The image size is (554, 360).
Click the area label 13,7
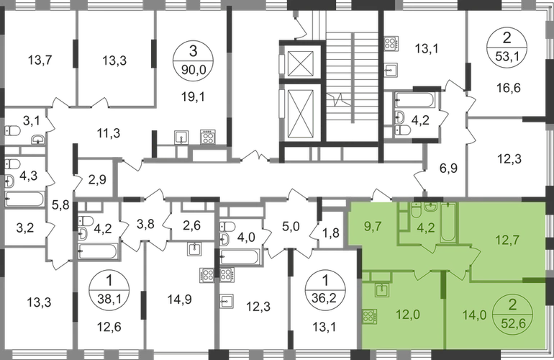[40, 60]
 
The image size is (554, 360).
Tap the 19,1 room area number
[193, 96]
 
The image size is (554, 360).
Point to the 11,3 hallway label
[109, 133]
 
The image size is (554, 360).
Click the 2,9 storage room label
[97, 180]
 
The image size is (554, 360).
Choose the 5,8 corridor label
[60, 204]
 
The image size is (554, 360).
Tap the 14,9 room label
[179, 300]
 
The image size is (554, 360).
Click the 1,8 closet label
[331, 233]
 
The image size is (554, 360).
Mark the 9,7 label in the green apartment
[373, 226]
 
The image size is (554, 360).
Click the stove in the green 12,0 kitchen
[369, 317]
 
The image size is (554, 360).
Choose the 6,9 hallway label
[449, 168]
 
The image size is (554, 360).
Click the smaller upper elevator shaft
[300, 63]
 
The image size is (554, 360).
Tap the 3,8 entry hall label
[145, 224]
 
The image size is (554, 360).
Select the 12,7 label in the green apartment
[507, 240]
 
